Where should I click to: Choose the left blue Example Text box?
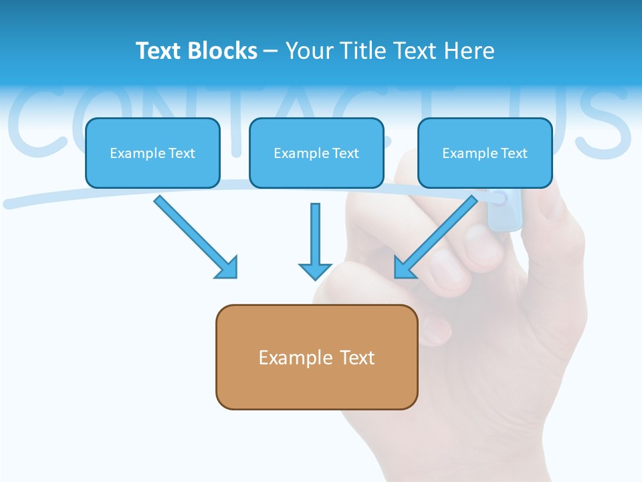pyautogui.click(x=152, y=153)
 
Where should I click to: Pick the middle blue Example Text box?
pyautogui.click(x=316, y=153)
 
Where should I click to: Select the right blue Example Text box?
pyautogui.click(x=485, y=153)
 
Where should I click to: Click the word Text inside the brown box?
pyautogui.click(x=357, y=357)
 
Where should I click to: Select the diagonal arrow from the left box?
pyautogui.click(x=194, y=236)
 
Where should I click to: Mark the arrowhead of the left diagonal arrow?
pyautogui.click(x=227, y=268)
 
